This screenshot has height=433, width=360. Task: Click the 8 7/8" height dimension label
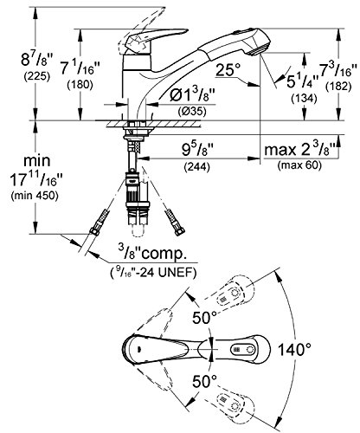pos(37,60)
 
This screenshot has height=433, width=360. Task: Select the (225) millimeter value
pos(37,76)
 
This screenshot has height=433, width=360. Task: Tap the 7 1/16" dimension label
pos(80,69)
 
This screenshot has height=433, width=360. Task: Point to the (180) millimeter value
pos(80,85)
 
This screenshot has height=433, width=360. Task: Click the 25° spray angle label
pos(228,70)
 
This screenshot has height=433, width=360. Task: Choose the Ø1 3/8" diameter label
pos(192,95)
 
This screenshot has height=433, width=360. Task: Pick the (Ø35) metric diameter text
pos(192,111)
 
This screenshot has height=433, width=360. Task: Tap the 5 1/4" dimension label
pos(302,81)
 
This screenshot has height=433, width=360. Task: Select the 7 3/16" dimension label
pos(336,70)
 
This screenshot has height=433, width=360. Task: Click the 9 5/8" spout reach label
pos(197,150)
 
